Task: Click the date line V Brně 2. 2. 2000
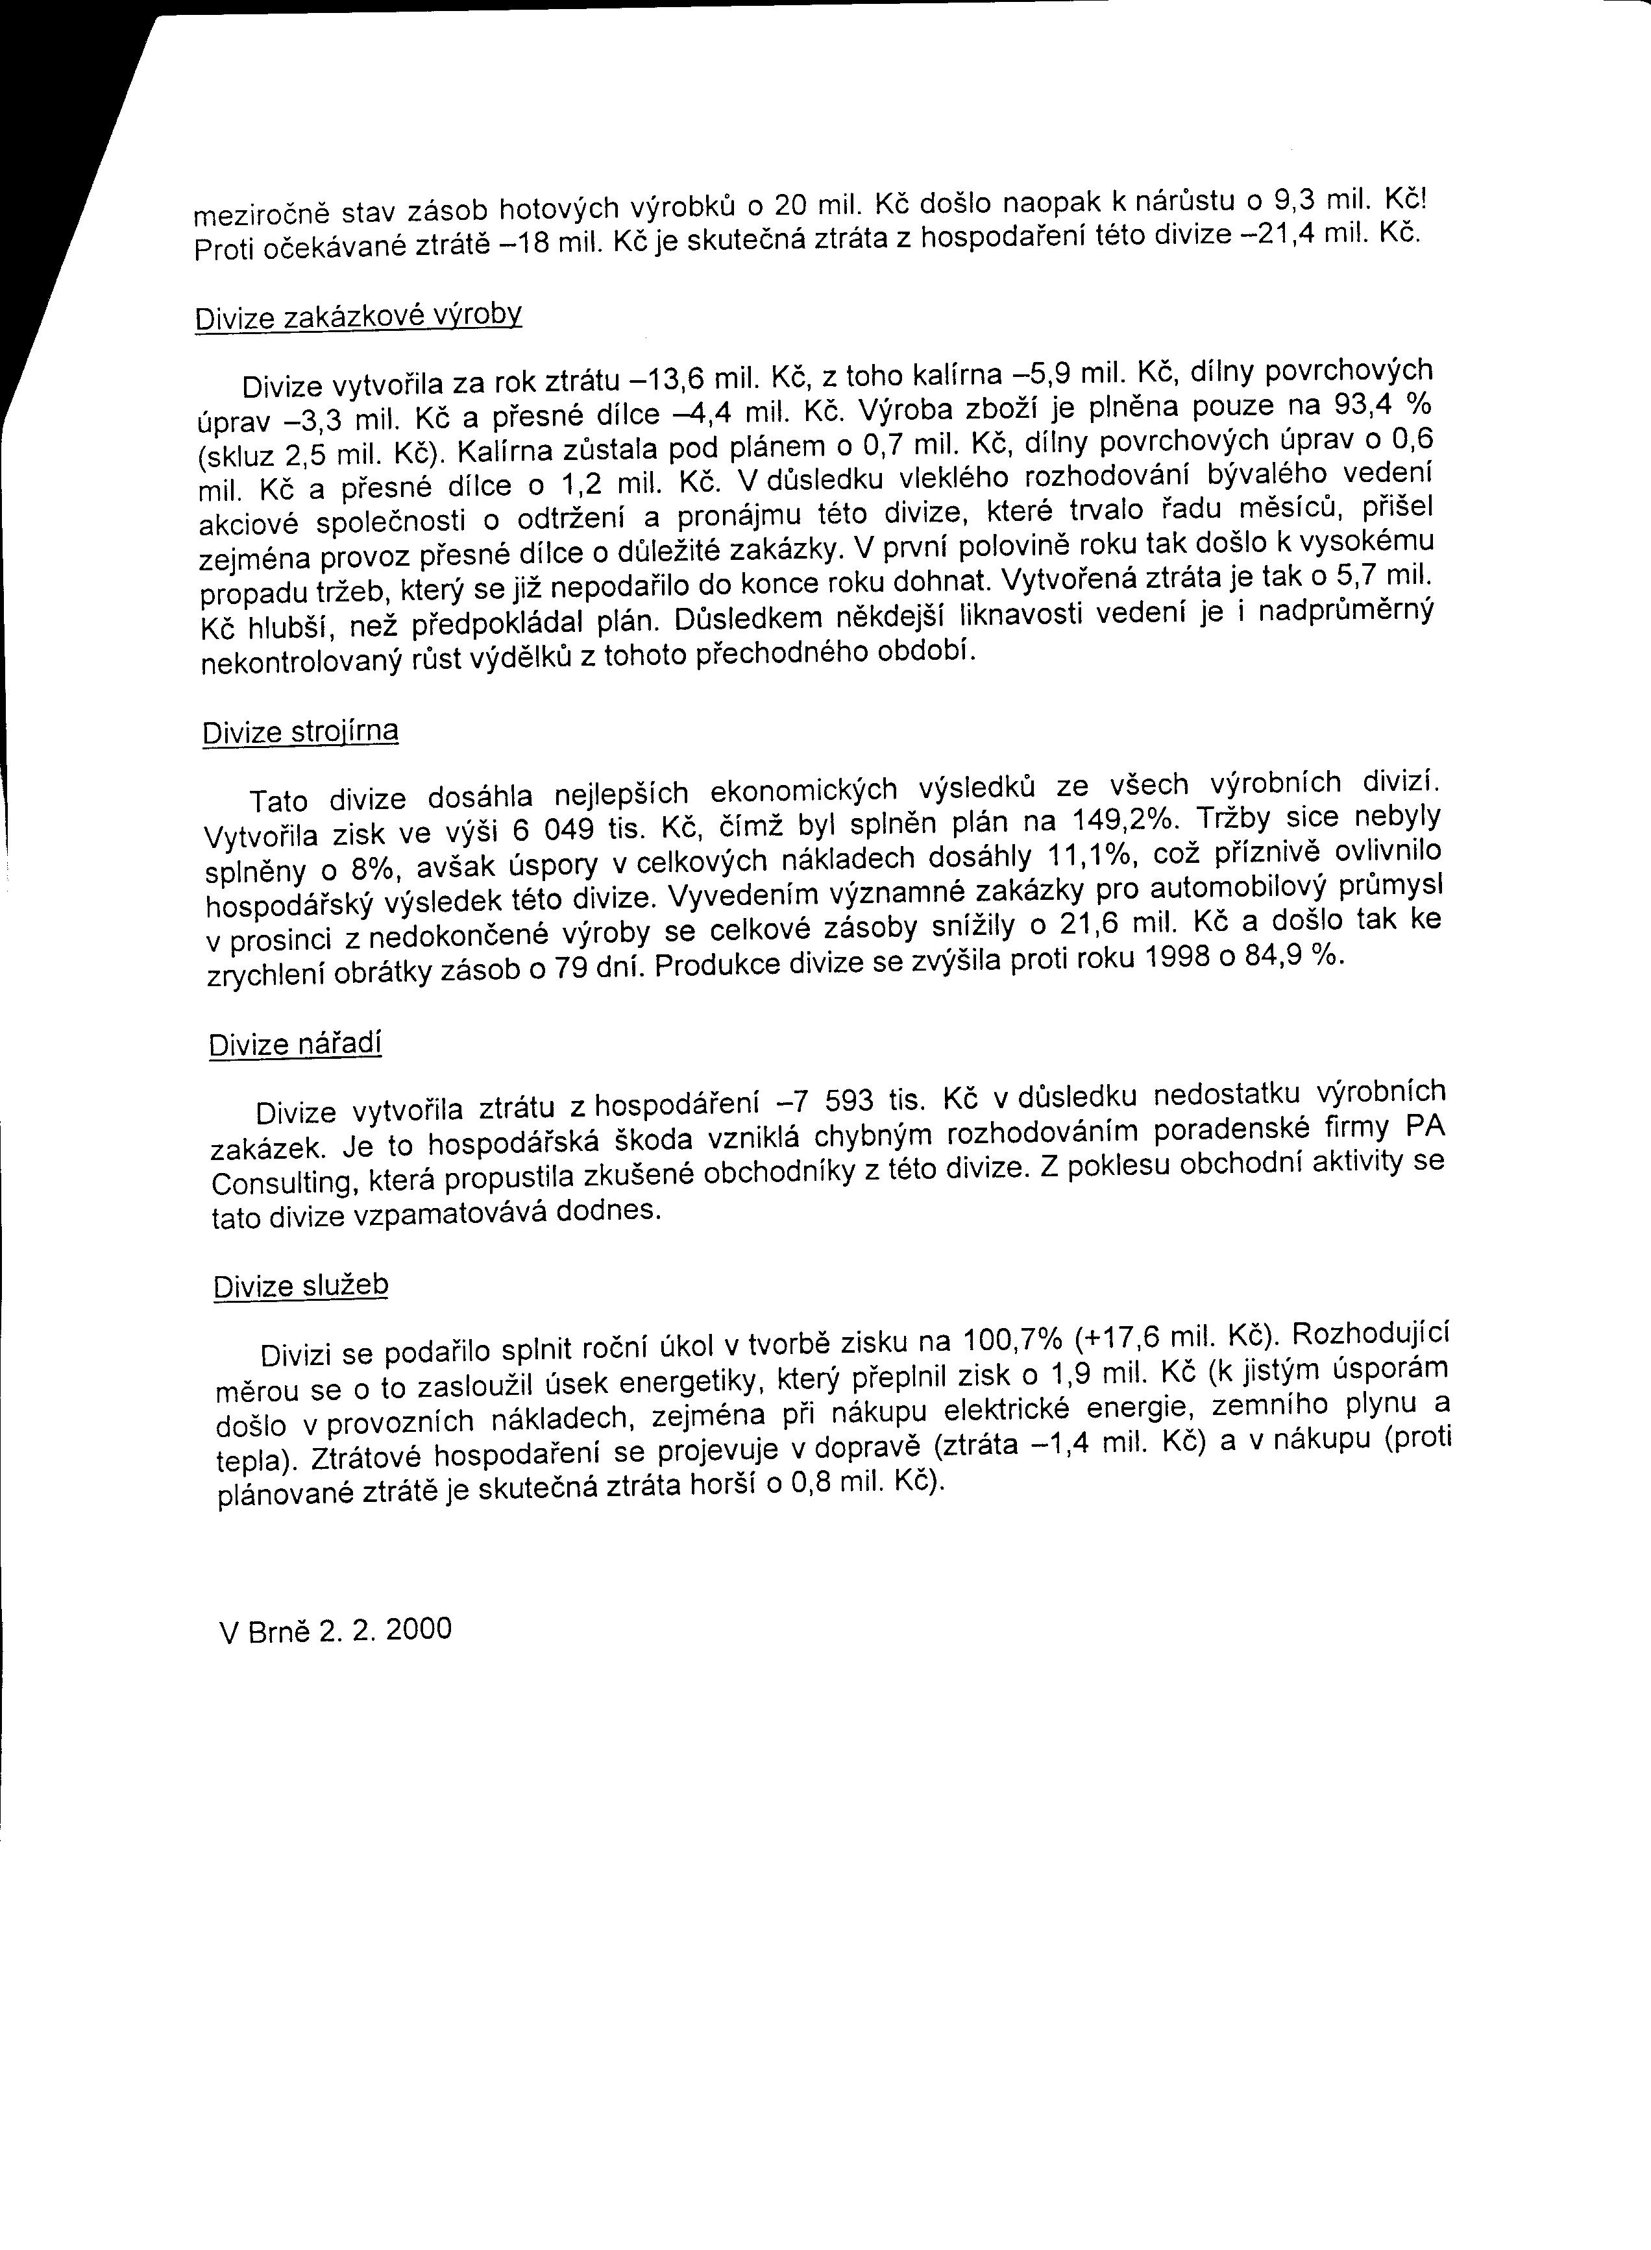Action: click(335, 1630)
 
